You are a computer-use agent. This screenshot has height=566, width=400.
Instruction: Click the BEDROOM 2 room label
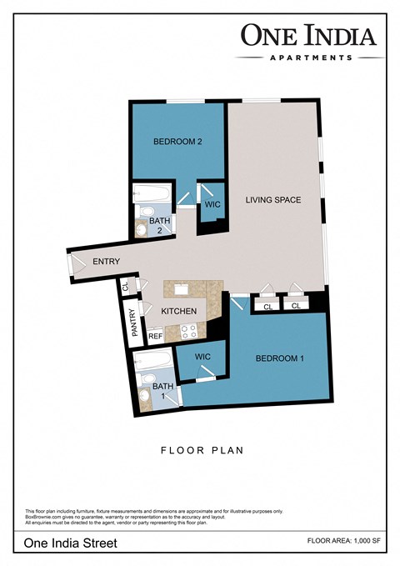[177, 142]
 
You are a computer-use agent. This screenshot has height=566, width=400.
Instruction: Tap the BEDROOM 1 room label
[279, 358]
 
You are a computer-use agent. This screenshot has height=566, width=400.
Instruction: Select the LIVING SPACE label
[272, 200]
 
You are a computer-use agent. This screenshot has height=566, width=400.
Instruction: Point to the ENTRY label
[107, 262]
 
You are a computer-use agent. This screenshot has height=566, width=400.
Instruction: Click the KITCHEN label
[178, 311]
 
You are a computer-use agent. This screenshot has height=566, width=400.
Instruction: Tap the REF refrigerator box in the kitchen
[155, 336]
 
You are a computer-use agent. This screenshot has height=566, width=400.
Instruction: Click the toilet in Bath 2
[142, 227]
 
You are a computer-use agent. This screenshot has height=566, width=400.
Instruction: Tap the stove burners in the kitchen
[187, 331]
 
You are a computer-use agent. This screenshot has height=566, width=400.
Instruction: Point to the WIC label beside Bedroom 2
[211, 202]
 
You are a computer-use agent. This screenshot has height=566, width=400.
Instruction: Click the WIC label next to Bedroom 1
[202, 357]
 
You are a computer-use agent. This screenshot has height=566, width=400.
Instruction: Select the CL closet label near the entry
[126, 286]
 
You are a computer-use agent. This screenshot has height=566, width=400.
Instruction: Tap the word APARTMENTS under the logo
[310, 58]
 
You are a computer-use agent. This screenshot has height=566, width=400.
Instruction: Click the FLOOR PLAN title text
[201, 451]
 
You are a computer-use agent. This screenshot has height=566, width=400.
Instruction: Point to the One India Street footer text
[70, 543]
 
